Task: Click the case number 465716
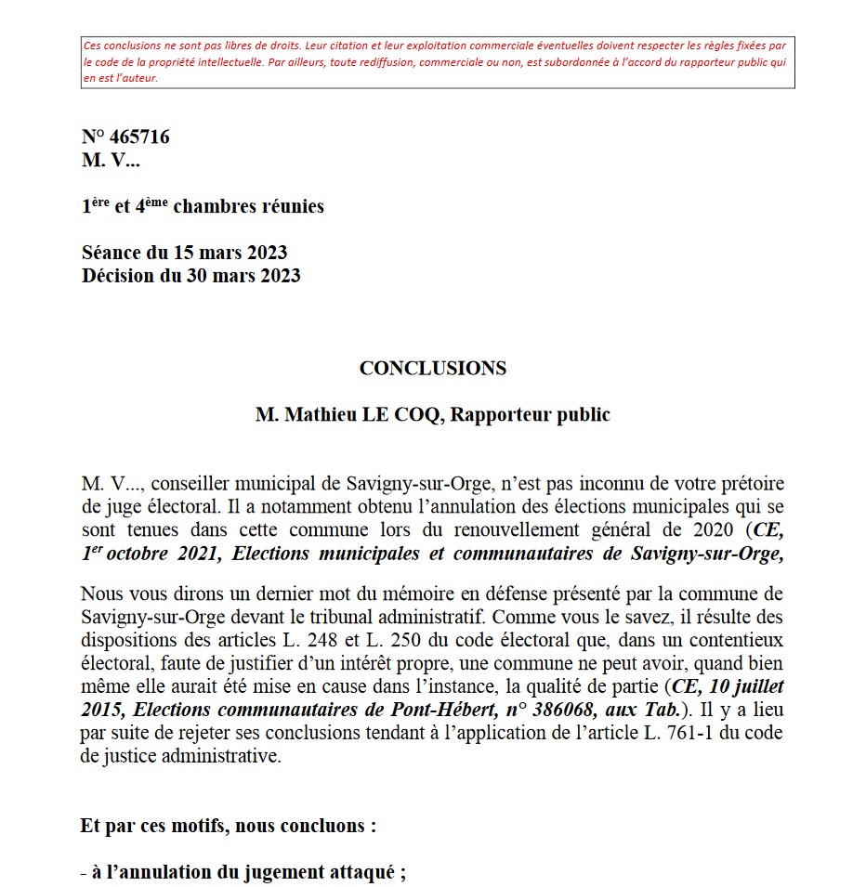[139, 137]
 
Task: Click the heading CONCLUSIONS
[433, 368]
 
